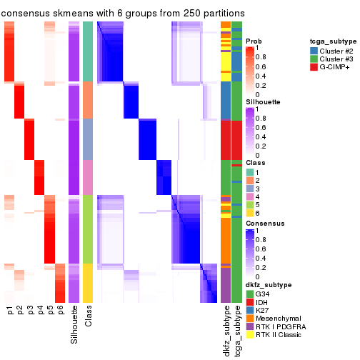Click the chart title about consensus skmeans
tap(123, 13)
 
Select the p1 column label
tap(11, 311)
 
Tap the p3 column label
tap(31, 311)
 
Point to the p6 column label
tap(61, 311)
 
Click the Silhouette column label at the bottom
tap(74, 324)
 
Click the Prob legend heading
tap(254, 41)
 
